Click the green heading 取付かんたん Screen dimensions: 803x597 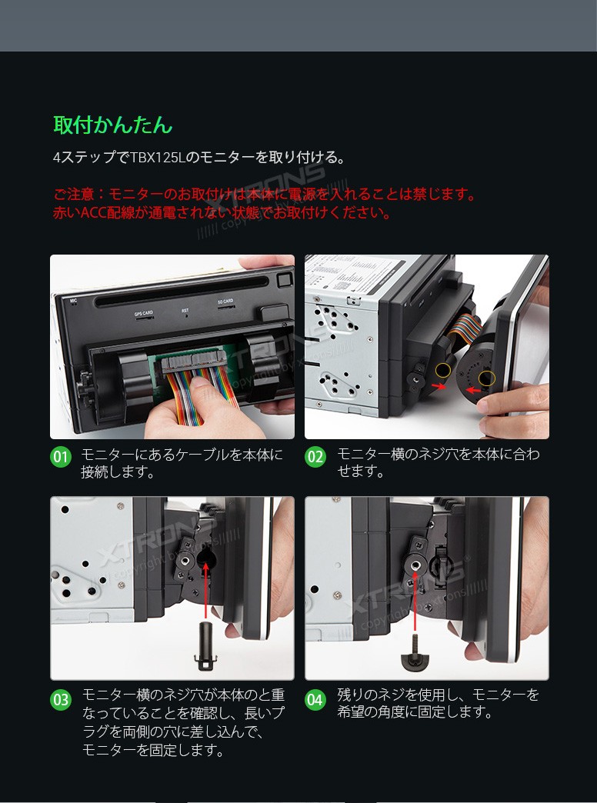[112, 125]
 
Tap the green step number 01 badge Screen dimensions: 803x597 [61, 457]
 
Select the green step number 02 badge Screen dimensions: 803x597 [315, 457]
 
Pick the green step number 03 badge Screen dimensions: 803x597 [61, 700]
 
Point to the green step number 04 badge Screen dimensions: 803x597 [315, 700]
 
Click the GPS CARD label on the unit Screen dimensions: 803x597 [144, 313]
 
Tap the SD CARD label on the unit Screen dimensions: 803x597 [225, 302]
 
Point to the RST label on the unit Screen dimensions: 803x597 [185, 310]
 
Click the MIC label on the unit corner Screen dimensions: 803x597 [74, 300]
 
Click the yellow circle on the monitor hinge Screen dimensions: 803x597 [486, 378]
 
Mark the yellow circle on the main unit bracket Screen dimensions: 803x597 [442, 371]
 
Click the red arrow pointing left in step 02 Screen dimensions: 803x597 [475, 391]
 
